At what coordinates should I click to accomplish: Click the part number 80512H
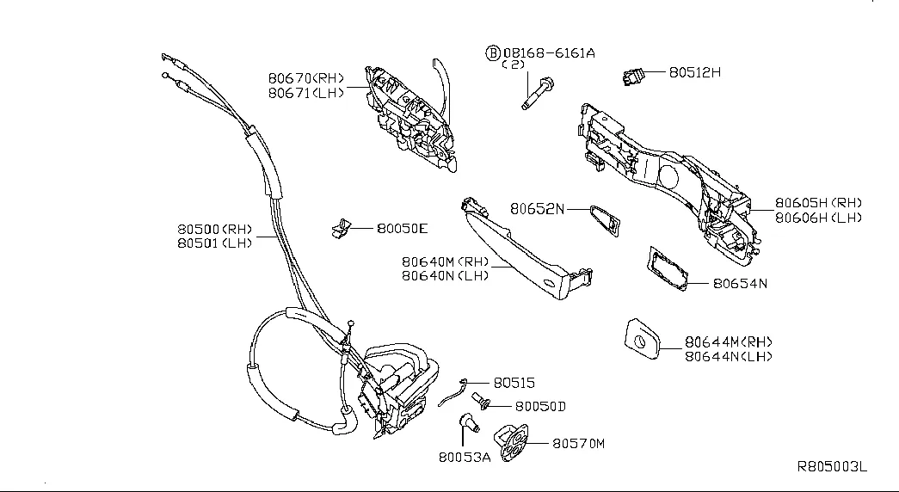pos(694,73)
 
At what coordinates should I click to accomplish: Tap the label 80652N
pos(538,208)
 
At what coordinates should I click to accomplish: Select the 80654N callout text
pos(740,282)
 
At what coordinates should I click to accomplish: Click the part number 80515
pos(514,384)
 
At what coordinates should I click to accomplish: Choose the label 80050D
pos(540,406)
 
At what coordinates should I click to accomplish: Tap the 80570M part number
pos(579,444)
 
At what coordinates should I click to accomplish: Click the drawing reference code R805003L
pos(832,467)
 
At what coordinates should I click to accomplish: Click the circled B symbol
pos(494,52)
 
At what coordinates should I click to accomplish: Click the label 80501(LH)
pos(214,244)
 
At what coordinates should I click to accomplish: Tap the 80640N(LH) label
pos(446,275)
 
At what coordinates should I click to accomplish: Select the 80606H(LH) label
pos(818,218)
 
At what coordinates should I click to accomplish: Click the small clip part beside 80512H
pos(636,77)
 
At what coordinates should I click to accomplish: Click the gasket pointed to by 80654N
pos(668,269)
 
